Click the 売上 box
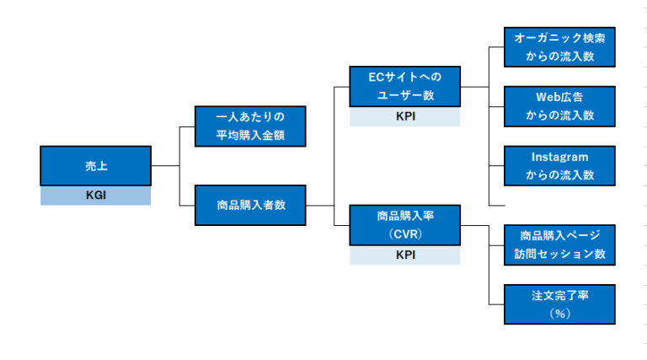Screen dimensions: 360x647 click(95, 166)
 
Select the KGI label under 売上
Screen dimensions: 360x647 click(95, 196)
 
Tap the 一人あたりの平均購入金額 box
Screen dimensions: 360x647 click(250, 126)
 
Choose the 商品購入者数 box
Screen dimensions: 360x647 click(250, 205)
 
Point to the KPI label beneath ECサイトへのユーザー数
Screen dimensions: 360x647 click(405, 117)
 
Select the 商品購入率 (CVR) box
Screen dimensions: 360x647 click(405, 225)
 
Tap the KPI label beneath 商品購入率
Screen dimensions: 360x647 click(405, 255)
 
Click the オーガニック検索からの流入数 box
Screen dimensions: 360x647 click(559, 47)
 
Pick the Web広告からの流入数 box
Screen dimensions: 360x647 click(559, 106)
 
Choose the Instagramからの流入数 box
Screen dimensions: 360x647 click(559, 166)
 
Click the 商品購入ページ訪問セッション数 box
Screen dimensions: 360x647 click(559, 244)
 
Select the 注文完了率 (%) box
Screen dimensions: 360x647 click(559, 304)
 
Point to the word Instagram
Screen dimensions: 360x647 click(559, 157)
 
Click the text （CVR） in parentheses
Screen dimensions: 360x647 click(405, 234)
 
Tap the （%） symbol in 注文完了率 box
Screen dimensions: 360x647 click(559, 314)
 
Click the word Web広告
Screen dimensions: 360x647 click(559, 97)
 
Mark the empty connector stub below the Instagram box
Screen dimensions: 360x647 click(497, 205)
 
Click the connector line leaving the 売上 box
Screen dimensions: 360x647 click(165, 166)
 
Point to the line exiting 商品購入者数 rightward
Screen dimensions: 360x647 click(320, 205)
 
